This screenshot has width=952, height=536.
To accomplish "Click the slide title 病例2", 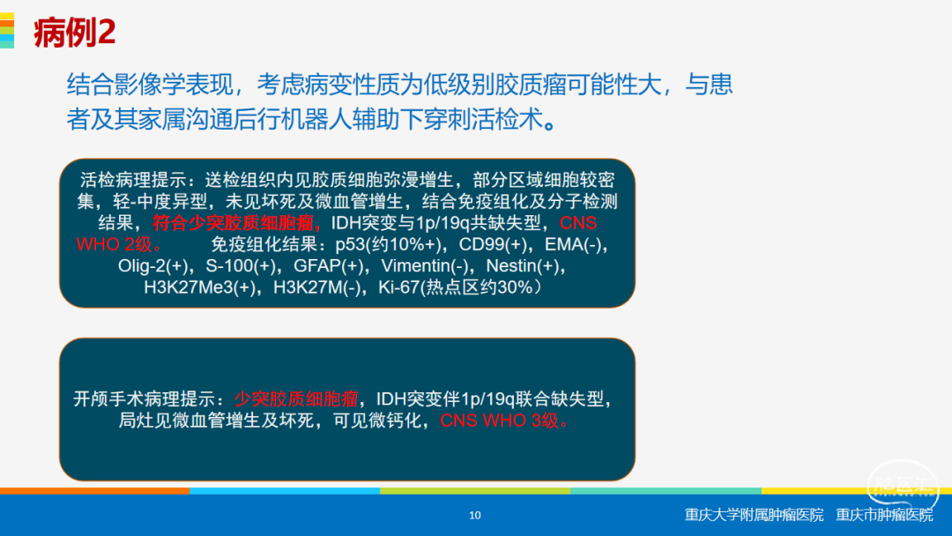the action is tap(74, 32).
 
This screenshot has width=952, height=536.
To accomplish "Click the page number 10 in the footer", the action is tap(475, 516).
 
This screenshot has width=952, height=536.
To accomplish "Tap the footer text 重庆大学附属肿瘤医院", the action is tap(754, 515).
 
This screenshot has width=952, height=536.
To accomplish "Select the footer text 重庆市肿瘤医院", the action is tap(884, 515).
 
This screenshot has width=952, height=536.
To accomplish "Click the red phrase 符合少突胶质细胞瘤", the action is tap(233, 223).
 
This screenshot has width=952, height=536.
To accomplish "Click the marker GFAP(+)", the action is tap(329, 266).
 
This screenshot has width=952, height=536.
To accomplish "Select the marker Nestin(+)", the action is tap(522, 266).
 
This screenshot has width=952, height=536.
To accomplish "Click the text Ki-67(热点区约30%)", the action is tap(459, 287).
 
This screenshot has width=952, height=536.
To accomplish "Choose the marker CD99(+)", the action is tap(493, 244).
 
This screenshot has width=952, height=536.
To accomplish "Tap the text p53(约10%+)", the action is tap(388, 244).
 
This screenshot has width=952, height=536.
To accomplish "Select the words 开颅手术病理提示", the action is tap(145, 398).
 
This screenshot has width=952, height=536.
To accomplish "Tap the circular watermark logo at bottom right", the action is tap(903, 486).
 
